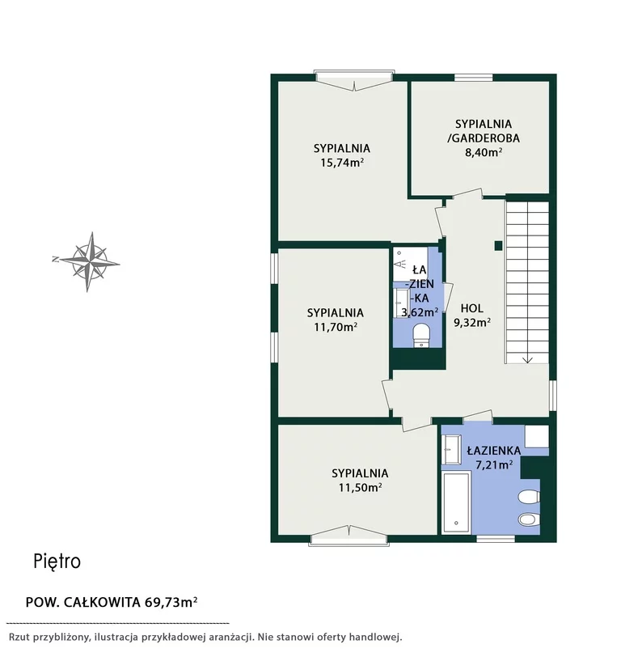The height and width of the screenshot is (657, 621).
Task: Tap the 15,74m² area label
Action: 342,163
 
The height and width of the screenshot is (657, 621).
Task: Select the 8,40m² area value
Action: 484,151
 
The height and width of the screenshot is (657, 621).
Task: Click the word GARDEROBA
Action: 486,138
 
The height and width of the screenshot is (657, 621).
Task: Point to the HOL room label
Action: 472,308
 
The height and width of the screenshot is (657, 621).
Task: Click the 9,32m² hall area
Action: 472,322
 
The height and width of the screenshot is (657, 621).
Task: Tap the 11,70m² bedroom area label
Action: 336,326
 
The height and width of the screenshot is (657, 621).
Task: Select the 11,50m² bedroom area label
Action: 360,487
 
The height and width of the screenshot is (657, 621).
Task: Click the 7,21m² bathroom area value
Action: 494,464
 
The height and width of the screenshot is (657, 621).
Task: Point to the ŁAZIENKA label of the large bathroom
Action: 494,451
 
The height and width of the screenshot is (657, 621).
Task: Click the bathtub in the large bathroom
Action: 456,502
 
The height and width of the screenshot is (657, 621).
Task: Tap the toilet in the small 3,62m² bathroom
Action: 420,335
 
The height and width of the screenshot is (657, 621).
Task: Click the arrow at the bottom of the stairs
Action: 526,358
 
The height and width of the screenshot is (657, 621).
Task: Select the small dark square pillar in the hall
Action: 498,246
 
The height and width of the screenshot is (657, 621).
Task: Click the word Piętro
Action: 57,562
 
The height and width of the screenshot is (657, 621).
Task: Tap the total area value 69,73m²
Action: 171,602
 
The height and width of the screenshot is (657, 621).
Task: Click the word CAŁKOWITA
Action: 102,603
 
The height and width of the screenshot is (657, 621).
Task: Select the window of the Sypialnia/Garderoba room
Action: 474,78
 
